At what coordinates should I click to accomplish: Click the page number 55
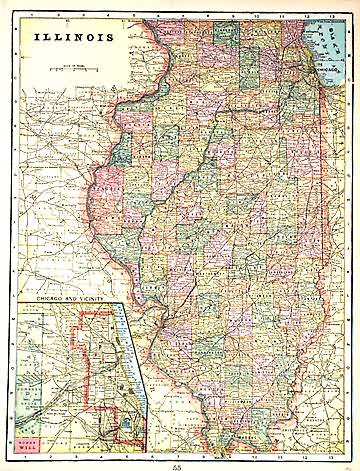click(x=177, y=465)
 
